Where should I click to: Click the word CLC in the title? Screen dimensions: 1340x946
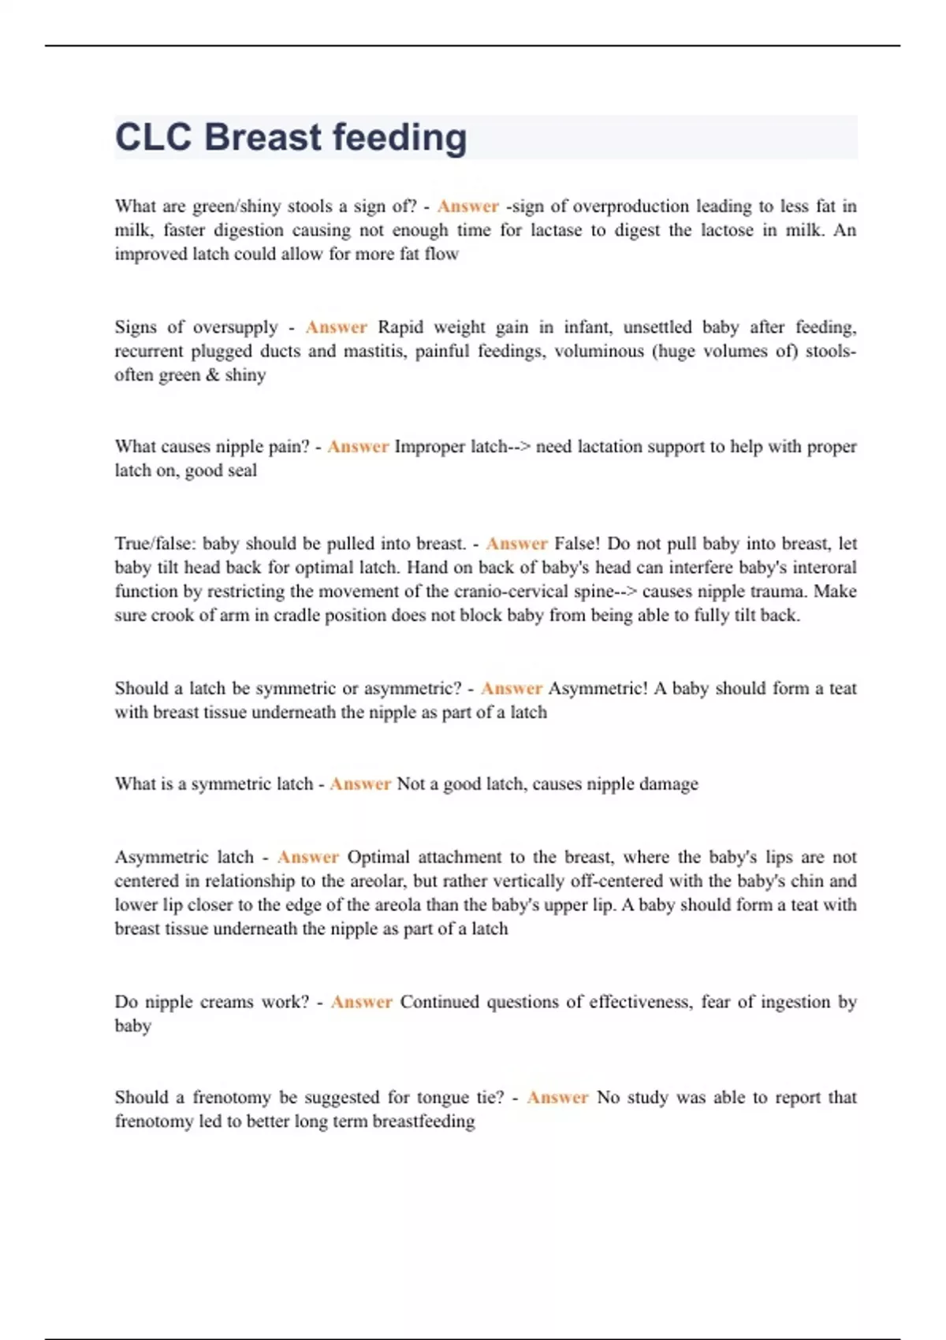coord(154,137)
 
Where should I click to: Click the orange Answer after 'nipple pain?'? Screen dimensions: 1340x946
coord(358,447)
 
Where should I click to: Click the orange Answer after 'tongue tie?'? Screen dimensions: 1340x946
coord(557,1097)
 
